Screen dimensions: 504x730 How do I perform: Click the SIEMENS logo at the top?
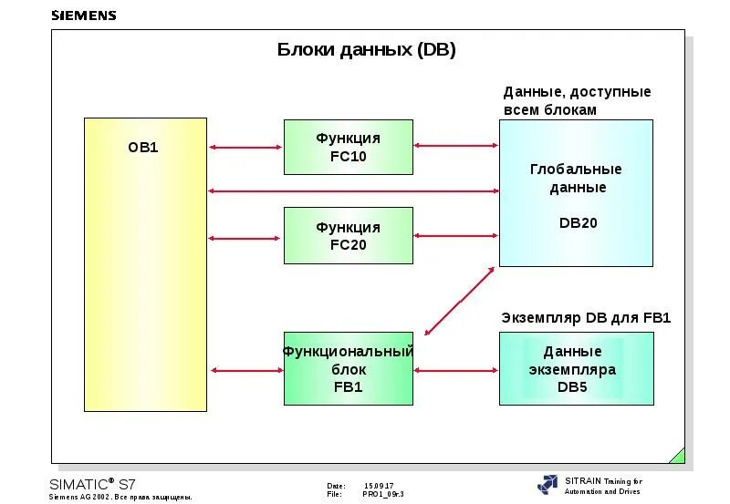84,15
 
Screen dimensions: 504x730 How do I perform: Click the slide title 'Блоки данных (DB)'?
366,50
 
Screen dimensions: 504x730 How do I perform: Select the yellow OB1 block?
145,264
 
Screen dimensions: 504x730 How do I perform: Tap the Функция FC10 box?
348,147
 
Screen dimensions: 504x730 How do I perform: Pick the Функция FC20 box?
348,235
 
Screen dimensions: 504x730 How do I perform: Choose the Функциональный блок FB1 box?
348,368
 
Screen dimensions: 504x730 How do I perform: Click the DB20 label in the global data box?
577,222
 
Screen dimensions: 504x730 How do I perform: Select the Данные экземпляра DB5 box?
576,368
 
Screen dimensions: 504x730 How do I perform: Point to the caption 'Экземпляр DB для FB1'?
586,318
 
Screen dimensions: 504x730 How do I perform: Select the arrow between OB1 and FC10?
245,147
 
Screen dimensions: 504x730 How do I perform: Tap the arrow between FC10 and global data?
455,145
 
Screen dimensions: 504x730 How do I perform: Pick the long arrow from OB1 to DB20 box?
353,190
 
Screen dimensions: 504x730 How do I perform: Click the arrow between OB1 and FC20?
245,238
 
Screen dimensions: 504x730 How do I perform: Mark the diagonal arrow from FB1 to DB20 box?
460,301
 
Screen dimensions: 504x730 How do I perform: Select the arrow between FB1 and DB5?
455,370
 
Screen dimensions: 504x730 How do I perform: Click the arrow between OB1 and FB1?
245,370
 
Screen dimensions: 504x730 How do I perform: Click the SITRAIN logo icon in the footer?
547,485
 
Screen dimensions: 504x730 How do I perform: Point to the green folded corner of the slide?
677,455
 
